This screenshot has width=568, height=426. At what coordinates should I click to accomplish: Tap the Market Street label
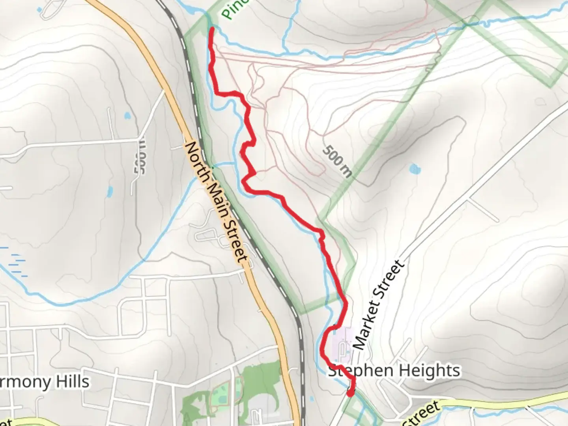379,304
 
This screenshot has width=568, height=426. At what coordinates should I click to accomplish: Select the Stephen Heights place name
394,371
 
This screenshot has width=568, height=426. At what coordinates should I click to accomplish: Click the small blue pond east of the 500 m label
415,170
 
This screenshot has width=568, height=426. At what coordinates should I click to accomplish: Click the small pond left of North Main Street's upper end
127,116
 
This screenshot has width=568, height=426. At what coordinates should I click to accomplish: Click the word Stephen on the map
361,371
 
